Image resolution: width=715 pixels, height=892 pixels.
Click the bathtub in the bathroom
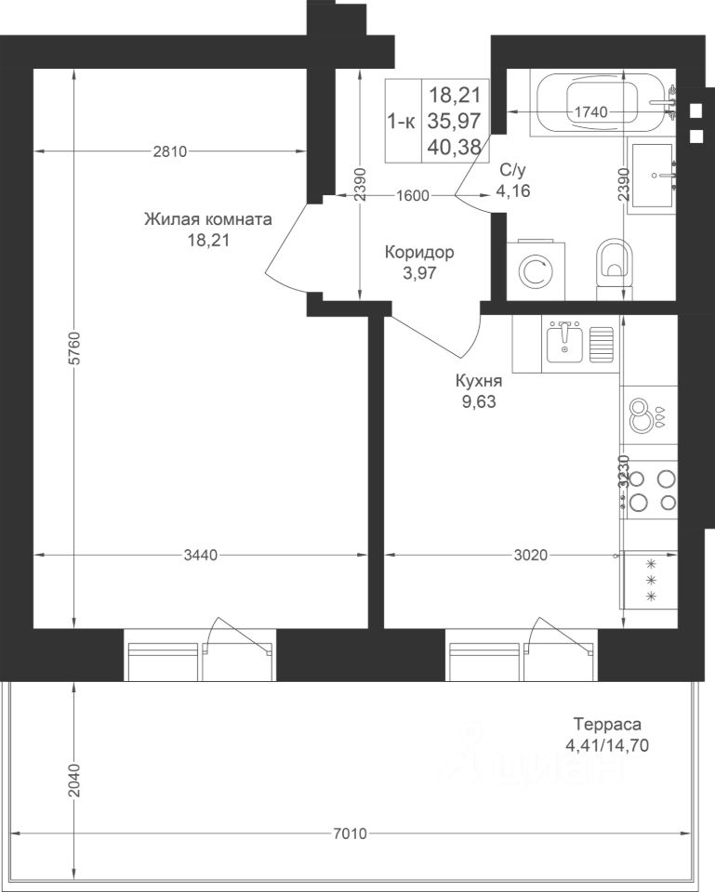(603, 103)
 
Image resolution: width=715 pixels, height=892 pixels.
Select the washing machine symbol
(536, 270)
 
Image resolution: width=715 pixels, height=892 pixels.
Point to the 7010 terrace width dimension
(351, 834)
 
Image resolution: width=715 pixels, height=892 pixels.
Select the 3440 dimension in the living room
(201, 555)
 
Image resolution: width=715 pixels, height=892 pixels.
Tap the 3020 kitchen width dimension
(531, 555)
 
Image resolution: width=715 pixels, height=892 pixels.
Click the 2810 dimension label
(170, 151)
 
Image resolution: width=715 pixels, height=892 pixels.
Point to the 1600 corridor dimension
(412, 196)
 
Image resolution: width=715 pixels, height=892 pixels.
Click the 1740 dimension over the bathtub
(591, 112)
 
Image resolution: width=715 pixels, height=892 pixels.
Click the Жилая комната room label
(207, 219)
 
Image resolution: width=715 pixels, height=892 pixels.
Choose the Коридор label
(419, 252)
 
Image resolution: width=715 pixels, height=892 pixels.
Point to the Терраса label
(607, 724)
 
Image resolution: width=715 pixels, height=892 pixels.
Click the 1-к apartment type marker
(402, 121)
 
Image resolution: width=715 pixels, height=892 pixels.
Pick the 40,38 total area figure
(455, 146)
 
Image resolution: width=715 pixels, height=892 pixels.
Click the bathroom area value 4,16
(513, 190)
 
